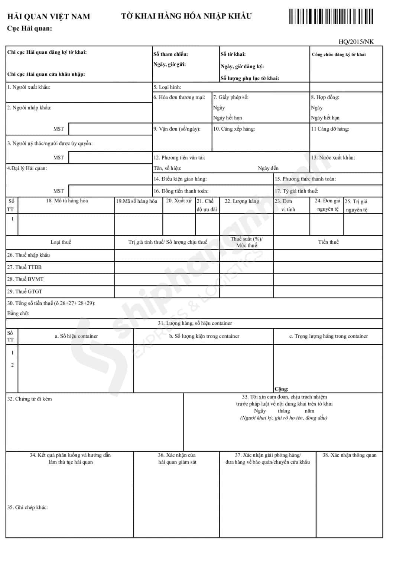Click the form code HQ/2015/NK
356,42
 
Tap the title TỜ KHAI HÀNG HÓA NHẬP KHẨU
186,16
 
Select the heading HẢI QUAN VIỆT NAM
49,16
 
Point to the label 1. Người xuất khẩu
29,87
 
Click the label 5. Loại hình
167,87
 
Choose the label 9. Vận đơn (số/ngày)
177,129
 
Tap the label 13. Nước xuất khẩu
333,157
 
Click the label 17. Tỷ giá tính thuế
296,191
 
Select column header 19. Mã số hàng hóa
137,201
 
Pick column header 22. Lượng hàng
242,201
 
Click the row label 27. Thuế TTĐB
25,267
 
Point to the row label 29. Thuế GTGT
25,291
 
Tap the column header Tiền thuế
328,242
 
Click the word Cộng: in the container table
282,389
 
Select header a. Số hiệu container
76,336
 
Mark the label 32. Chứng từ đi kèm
30,399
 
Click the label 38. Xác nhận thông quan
349,455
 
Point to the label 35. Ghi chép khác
27,507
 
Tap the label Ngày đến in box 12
268,168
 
